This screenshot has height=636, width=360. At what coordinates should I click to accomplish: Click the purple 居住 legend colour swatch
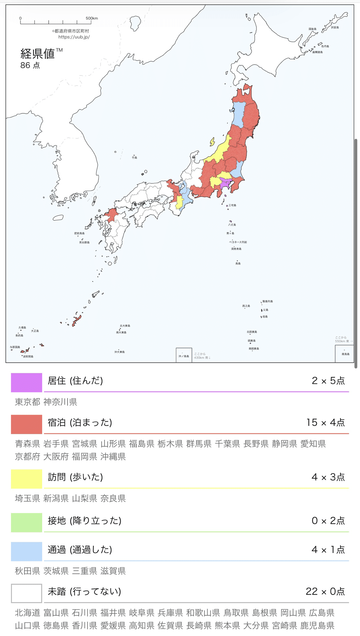pyautogui.click(x=27, y=382)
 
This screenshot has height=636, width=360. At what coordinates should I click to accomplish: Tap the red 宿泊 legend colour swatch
pyautogui.click(x=27, y=424)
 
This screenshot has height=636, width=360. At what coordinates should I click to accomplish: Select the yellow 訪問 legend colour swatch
pyautogui.click(x=27, y=479)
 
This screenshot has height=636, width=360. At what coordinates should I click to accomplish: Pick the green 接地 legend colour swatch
pyautogui.click(x=27, y=522)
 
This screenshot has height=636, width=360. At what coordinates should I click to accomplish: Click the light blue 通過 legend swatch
pyautogui.click(x=27, y=551)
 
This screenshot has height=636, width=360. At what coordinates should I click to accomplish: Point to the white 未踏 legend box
pyautogui.click(x=27, y=593)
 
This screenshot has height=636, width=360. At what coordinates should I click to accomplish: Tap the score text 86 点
pyautogui.click(x=30, y=65)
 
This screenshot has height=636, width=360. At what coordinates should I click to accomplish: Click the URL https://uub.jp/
pyautogui.click(x=74, y=37)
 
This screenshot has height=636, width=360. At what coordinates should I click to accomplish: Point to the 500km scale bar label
pyautogui.click(x=91, y=18)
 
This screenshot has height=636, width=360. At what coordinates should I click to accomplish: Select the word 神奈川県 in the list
pyautogui.click(x=60, y=402)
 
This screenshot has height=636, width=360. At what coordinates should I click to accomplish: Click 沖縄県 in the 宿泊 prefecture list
pyautogui.click(x=113, y=456)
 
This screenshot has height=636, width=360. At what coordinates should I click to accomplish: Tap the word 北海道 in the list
pyautogui.click(x=28, y=612)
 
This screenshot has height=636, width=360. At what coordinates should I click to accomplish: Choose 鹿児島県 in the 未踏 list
pyautogui.click(x=317, y=625)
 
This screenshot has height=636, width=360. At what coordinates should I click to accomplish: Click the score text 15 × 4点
pyautogui.click(x=325, y=422)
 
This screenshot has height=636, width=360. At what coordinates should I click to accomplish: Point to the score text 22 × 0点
pyautogui.click(x=325, y=591)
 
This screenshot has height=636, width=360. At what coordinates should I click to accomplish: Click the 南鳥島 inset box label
pyautogui.click(x=345, y=354)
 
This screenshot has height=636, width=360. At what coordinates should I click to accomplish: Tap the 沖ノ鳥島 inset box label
pyautogui.click(x=184, y=356)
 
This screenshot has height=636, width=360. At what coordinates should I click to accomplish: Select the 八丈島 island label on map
pyautogui.click(x=232, y=225)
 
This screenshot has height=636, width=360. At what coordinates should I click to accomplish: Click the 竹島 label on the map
pyautogui.click(x=135, y=158)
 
